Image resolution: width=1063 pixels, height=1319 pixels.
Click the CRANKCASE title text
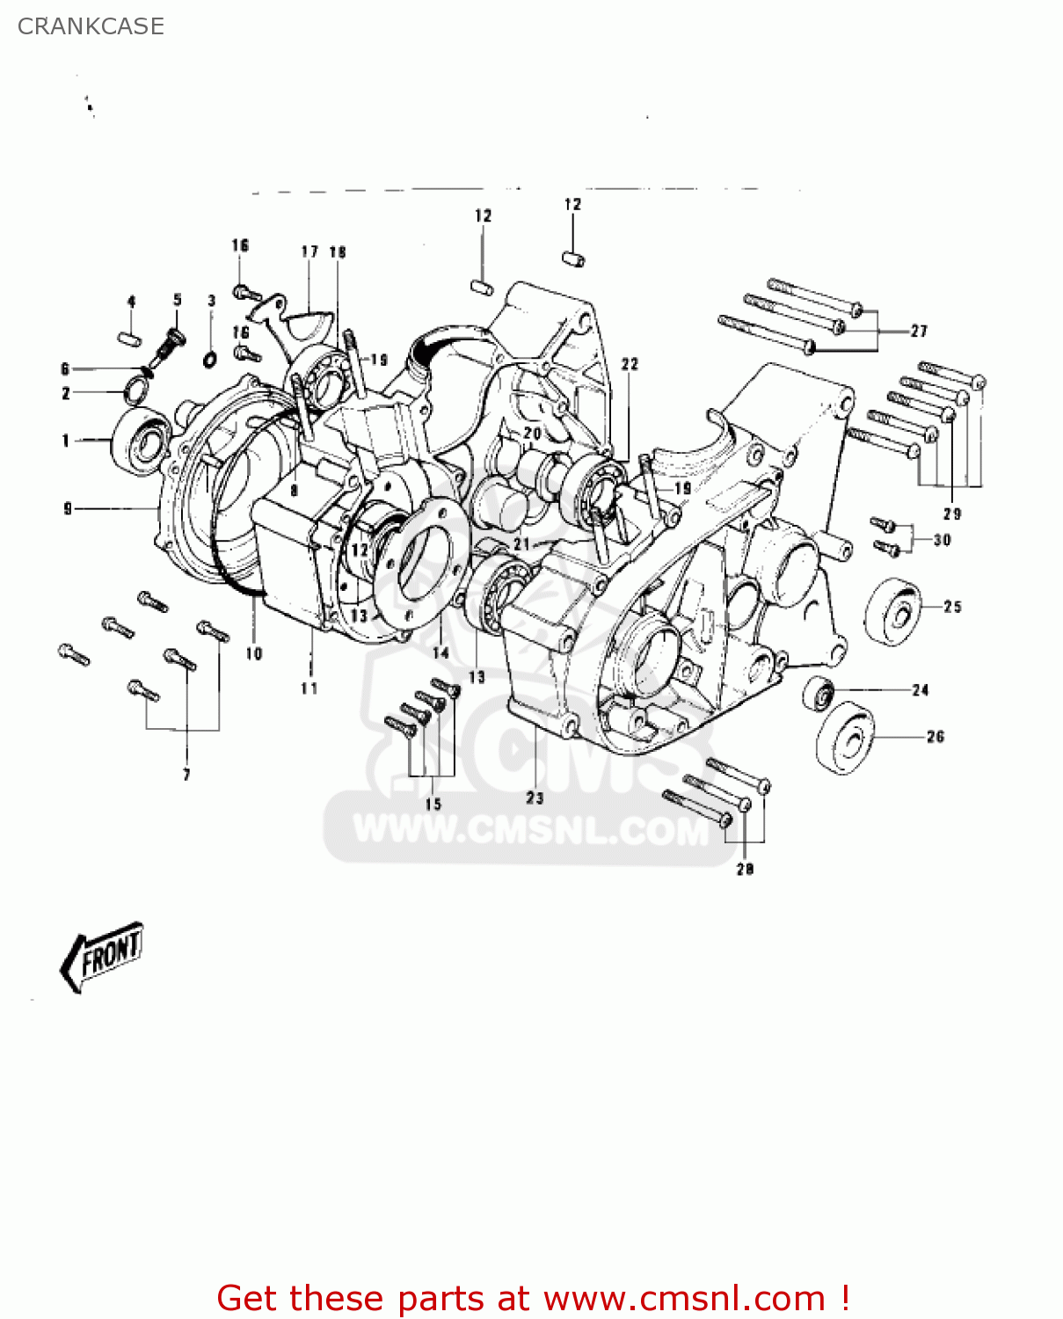coord(91,26)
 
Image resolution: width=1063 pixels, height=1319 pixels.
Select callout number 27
coord(919,331)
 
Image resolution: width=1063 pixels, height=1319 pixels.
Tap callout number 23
coord(535,798)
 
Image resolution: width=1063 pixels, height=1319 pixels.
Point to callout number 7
coord(186,775)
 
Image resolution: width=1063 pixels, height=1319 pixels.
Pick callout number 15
coord(433,804)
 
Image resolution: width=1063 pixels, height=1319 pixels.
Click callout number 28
coord(745,869)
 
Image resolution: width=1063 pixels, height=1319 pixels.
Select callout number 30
coord(942,540)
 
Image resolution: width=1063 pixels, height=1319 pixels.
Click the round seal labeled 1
coord(139,441)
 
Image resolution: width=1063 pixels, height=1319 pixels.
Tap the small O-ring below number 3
coord(211,359)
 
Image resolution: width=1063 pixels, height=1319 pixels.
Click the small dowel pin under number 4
coord(130,338)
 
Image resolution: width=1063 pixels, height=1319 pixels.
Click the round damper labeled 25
coord(893,612)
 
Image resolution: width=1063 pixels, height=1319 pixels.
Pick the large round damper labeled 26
coord(846,738)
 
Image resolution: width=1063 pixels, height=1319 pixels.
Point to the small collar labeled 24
coord(819,693)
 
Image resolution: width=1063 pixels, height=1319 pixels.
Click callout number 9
coord(68,508)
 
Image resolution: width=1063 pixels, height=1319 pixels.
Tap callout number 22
coord(630,364)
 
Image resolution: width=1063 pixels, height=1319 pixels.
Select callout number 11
coord(309,689)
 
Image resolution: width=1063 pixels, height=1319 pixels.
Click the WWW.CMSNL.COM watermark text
coord(530,829)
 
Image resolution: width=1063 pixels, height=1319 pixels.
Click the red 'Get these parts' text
coord(533,1298)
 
